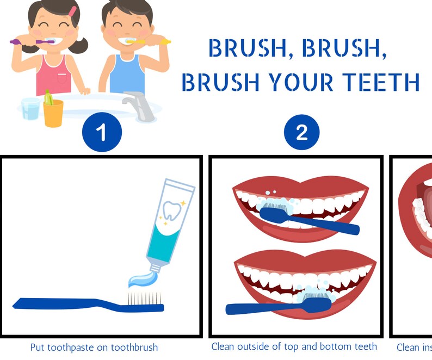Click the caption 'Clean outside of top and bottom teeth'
coord(294,346)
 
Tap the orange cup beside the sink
coord(53,113)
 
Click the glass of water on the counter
coord(31,108)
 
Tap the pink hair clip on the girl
coord(72,11)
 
